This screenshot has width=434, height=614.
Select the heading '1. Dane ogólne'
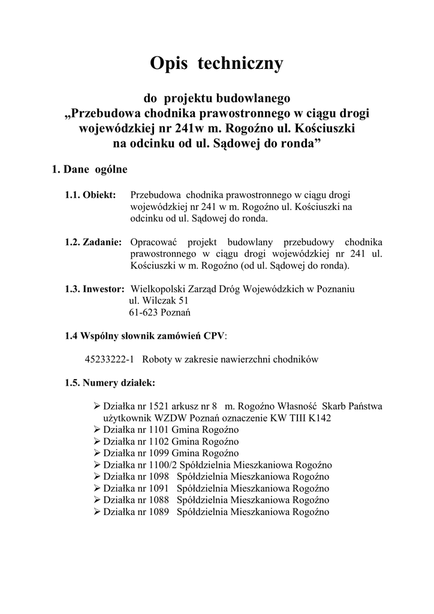pos(90,170)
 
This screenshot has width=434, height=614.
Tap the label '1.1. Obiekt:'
pos(90,195)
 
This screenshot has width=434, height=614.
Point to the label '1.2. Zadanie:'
pos(93,242)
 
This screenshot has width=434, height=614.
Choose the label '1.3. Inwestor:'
pos(94,289)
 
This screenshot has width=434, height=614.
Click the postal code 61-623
pos(143,312)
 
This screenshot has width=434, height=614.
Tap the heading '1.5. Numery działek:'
pos(110,383)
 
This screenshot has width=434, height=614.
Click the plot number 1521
pos(164,407)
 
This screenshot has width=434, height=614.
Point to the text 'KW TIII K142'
pos(304,418)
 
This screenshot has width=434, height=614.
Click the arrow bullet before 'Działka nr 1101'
pos(98,430)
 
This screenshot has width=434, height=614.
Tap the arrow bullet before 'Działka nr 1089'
pos(98,512)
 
